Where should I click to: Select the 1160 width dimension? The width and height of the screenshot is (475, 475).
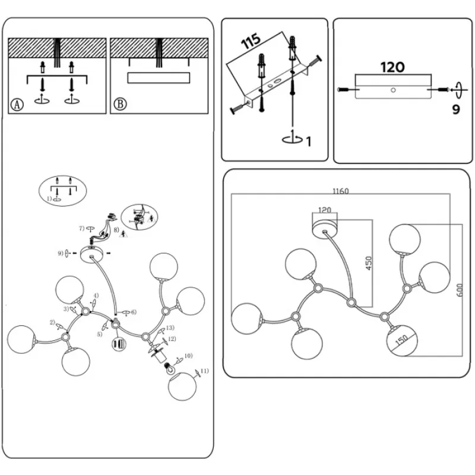341,191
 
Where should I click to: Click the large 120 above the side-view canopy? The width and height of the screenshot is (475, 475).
392,66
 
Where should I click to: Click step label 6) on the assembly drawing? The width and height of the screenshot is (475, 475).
134,312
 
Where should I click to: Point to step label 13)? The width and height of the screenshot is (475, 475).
170,328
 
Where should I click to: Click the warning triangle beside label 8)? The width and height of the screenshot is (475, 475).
124,234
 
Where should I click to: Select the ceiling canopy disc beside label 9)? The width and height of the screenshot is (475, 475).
93,256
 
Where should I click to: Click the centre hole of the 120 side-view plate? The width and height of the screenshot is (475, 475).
392,90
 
